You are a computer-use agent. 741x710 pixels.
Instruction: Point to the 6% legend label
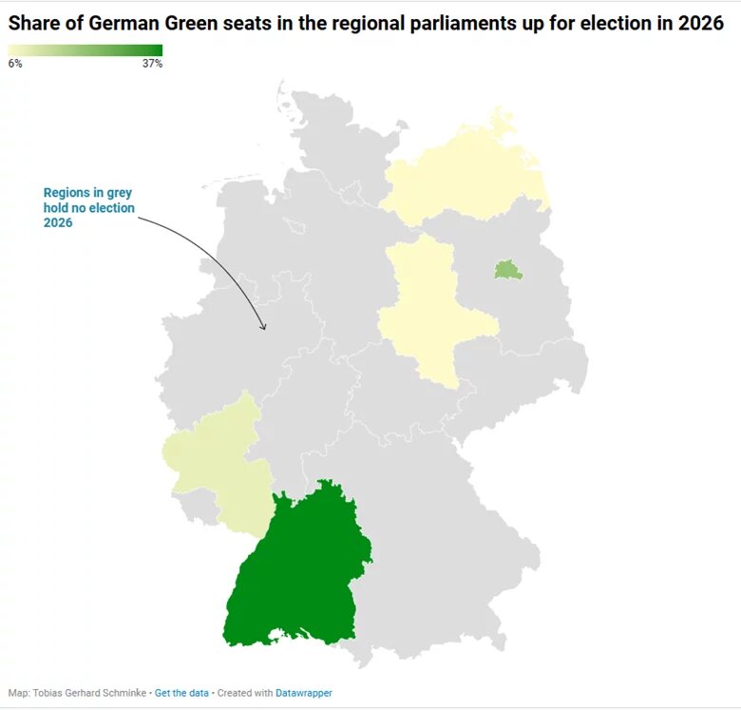(15, 64)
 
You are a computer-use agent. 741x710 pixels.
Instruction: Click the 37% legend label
(153, 64)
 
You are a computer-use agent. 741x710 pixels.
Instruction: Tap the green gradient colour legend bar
(85, 50)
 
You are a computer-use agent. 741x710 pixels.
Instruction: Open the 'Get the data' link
(181, 693)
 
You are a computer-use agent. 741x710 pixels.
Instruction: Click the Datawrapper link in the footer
(304, 693)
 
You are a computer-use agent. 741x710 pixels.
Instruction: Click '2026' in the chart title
(701, 25)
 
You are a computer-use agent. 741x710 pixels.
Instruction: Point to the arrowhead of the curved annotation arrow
(265, 328)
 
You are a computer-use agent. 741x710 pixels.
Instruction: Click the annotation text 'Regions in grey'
(87, 193)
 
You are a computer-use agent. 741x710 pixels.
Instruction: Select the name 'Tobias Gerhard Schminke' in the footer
(90, 693)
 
